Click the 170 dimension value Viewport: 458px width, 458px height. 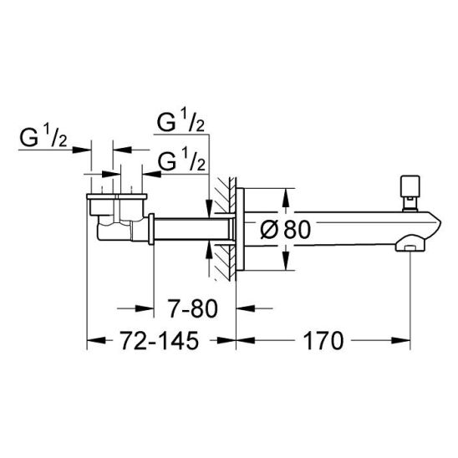point(323,341)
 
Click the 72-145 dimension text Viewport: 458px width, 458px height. point(160,341)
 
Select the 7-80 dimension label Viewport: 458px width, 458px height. point(193,308)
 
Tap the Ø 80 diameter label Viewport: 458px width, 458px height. point(285,230)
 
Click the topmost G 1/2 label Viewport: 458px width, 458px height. point(181,120)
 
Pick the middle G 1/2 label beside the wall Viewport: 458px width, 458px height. point(181,160)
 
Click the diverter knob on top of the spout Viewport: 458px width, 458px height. point(410,193)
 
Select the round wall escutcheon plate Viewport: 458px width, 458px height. point(240,229)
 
